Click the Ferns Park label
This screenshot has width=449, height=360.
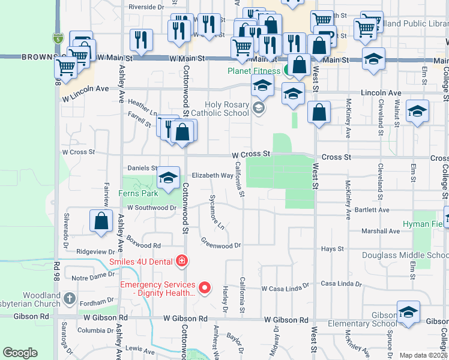[139, 193]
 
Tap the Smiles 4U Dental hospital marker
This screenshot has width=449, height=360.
[181, 261]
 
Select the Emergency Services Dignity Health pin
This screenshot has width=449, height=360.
[205, 289]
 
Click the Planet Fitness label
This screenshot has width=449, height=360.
[252, 71]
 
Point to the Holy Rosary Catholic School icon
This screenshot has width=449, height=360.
[259, 109]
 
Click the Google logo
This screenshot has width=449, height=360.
[20, 353]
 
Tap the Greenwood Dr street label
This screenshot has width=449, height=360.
[220, 244]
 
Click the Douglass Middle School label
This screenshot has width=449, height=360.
[405, 256]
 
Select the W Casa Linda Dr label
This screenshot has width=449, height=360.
[285, 287]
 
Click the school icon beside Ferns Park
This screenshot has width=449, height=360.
[169, 178]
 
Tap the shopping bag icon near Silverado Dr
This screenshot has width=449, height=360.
[101, 220]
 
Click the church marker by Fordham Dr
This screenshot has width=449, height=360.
[70, 298]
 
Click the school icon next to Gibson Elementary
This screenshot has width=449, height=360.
[408, 313]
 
